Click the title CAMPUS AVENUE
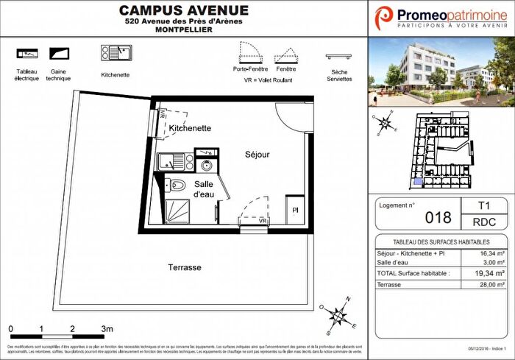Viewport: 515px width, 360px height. coord(184,10)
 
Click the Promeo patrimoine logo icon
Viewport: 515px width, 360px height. coord(385,17)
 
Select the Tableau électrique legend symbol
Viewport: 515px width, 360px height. coord(26,54)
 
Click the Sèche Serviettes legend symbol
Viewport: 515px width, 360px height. coord(338,57)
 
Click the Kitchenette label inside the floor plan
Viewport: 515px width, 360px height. coord(190,128)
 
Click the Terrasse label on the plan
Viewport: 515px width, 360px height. coord(184,267)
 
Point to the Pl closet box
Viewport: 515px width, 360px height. coord(295,210)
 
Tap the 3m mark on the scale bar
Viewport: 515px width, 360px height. coord(107,328)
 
